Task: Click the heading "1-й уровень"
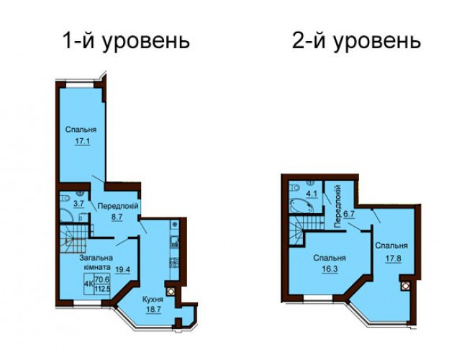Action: tap(126, 41)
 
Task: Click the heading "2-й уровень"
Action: tap(356, 41)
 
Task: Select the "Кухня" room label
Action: tap(153, 300)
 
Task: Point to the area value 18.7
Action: tap(153, 310)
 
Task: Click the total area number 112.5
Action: tap(102, 289)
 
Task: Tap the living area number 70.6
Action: tap(102, 279)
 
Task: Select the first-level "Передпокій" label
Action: tap(118, 206)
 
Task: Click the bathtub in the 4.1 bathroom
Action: tap(301, 206)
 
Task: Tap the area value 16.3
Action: tap(329, 269)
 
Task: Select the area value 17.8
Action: tap(394, 258)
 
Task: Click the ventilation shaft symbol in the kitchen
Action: tap(171, 292)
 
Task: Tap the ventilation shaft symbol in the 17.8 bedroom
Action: tap(404, 286)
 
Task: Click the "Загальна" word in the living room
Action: tap(96, 258)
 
